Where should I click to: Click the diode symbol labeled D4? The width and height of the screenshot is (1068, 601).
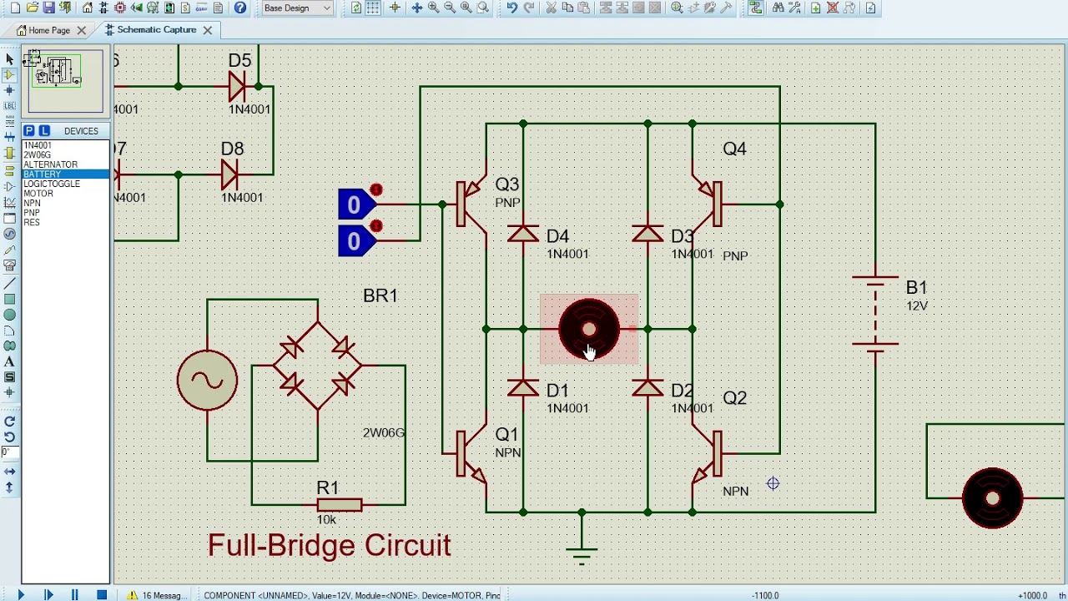[523, 235]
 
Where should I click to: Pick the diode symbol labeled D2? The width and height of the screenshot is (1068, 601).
[648, 389]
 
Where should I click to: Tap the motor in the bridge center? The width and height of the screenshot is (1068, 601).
[589, 329]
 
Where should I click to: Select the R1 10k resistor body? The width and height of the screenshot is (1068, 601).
[340, 504]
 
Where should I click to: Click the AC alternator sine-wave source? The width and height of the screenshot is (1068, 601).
[207, 381]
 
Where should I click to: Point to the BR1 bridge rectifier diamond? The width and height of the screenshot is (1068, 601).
[318, 366]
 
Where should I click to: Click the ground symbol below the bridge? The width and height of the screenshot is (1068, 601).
[582, 552]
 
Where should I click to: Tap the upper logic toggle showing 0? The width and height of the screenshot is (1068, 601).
[355, 205]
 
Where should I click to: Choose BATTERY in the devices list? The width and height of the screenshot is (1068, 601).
[43, 174]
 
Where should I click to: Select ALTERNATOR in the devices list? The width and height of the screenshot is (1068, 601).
[51, 164]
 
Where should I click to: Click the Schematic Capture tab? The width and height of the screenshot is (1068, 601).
[156, 30]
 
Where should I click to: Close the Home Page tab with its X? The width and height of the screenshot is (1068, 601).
[82, 30]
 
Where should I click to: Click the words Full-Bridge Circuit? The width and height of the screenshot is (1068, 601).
[329, 546]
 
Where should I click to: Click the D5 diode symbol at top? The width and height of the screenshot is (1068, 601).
[237, 86]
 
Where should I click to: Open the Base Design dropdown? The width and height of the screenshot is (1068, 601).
[297, 8]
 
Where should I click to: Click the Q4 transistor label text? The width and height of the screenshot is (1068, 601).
[734, 149]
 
